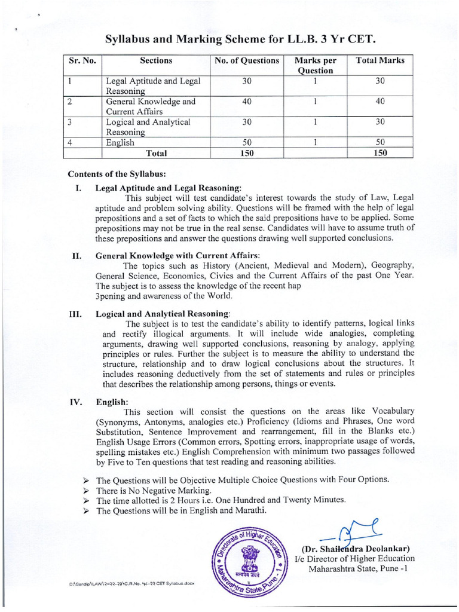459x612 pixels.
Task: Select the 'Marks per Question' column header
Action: point(316,65)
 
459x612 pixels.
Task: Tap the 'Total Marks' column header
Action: point(380,60)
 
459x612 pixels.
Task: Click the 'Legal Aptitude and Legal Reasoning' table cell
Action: point(153,86)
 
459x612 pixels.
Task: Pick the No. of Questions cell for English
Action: point(247,143)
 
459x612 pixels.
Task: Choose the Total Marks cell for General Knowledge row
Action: point(380,102)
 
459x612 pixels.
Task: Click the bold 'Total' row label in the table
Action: point(157,153)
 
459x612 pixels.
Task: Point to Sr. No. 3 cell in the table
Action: point(70,122)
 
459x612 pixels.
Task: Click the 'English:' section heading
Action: point(112,402)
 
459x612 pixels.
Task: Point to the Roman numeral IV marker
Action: point(77,402)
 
